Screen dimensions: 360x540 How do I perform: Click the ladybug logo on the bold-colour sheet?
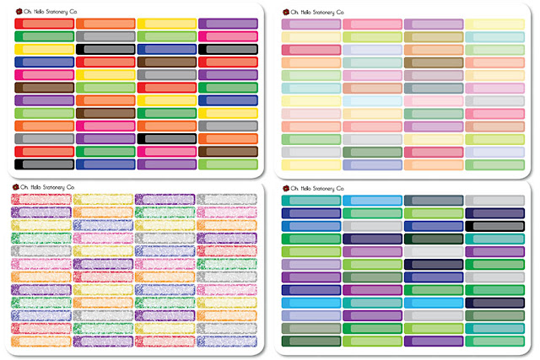tap(18, 11)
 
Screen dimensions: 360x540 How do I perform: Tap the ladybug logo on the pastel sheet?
tap(284, 12)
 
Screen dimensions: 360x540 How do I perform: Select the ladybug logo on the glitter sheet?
tap(17, 187)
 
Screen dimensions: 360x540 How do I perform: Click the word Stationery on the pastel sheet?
tap(321, 12)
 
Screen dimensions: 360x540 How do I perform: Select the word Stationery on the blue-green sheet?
tap(321, 188)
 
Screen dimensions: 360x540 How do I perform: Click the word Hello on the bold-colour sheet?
tap(42, 11)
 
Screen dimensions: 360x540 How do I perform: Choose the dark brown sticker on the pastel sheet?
tap(434, 63)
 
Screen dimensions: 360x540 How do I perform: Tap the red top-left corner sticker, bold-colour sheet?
tap(45, 24)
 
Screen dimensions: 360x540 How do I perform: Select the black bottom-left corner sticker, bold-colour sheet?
tap(45, 164)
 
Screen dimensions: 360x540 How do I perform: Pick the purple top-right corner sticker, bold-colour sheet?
tap(228, 24)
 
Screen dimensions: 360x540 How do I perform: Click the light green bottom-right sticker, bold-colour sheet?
tap(228, 164)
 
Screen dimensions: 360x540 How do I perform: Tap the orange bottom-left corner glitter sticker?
tap(45, 341)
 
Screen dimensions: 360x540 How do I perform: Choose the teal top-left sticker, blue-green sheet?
tap(311, 200)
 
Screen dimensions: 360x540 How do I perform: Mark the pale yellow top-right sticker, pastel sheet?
tap(494, 24)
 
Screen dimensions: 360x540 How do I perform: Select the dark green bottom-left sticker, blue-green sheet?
tap(311, 341)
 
